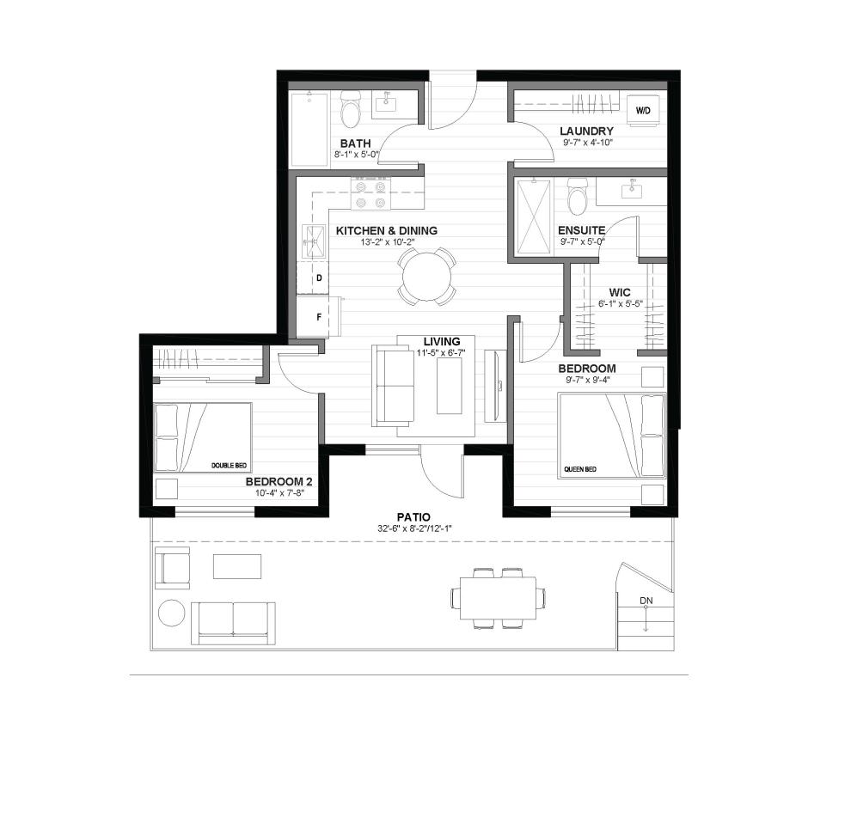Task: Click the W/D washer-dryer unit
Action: pyautogui.click(x=644, y=110)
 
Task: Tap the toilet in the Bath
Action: pyautogui.click(x=351, y=107)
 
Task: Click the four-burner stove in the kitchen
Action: pyautogui.click(x=370, y=193)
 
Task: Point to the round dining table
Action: pyautogui.click(x=426, y=277)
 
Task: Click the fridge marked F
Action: pyautogui.click(x=319, y=317)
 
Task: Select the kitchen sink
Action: pyautogui.click(x=312, y=239)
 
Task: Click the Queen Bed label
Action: pyautogui.click(x=580, y=469)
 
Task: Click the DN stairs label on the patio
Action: pyautogui.click(x=646, y=601)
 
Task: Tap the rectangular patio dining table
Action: pyautogui.click(x=499, y=598)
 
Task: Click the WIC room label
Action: pyautogui.click(x=620, y=293)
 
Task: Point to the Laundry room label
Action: pyautogui.click(x=587, y=131)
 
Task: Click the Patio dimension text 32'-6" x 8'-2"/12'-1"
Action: pyautogui.click(x=414, y=528)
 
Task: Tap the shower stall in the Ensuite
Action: pyautogui.click(x=534, y=217)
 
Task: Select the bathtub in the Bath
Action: pyautogui.click(x=309, y=130)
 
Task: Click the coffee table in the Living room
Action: pyautogui.click(x=450, y=387)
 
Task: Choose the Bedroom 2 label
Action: pyautogui.click(x=279, y=482)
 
